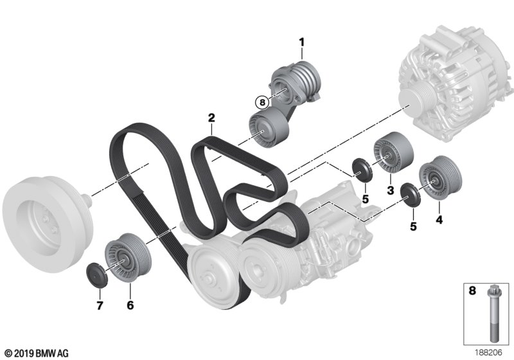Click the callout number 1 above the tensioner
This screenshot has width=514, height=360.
301,42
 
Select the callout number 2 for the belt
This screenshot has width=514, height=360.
211,118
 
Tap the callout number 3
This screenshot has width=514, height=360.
390,190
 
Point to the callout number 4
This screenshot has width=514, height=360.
439,219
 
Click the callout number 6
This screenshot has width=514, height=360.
130,305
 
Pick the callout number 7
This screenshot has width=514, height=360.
100,305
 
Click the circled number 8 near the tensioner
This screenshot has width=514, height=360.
262,103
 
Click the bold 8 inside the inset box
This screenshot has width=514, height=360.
472,291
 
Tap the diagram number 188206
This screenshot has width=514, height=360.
489,352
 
